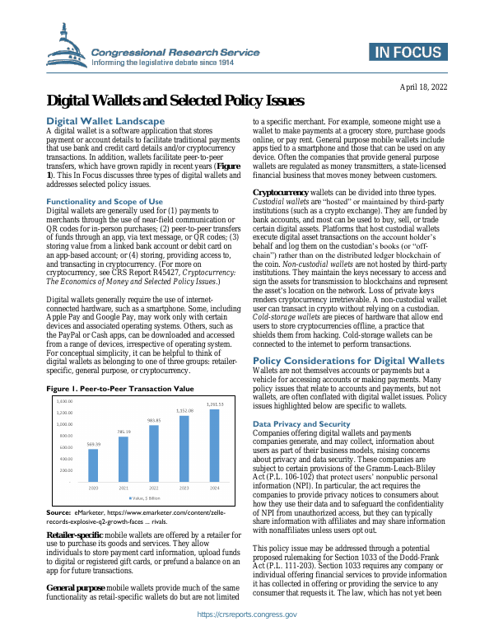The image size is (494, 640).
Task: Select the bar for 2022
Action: click(x=153, y=454)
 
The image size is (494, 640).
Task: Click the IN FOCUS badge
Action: click(x=406, y=54)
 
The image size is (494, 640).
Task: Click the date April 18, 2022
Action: click(x=423, y=86)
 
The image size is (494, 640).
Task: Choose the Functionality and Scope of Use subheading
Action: click(x=105, y=201)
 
